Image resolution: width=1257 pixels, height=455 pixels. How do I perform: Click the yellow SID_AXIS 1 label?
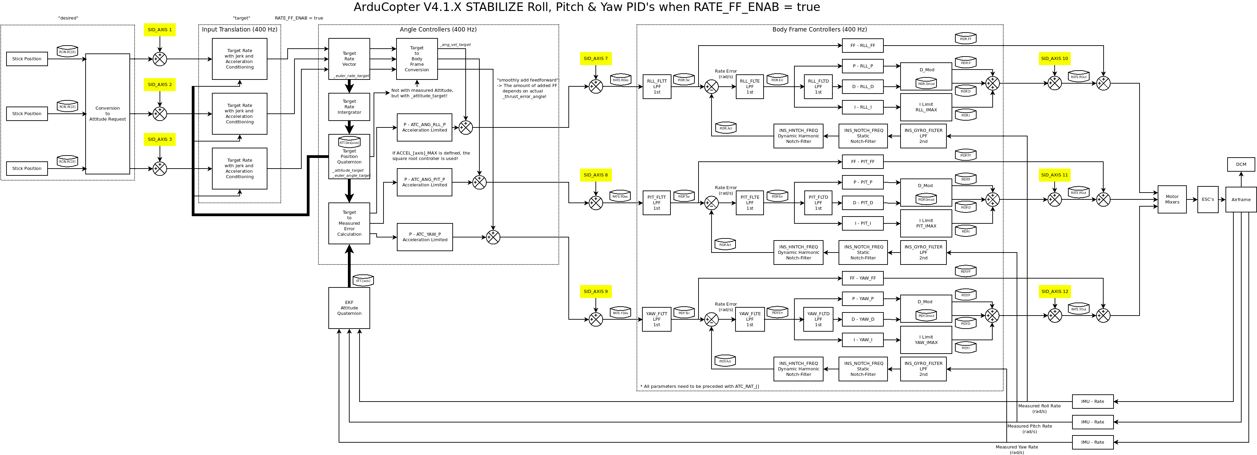point(160,30)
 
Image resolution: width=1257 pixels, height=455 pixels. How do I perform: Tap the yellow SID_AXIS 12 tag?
point(1055,292)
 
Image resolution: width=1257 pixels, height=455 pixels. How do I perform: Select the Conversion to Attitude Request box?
point(108,114)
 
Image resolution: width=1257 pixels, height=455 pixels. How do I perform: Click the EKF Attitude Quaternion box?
point(349,308)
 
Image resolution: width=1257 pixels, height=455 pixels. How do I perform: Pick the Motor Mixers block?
point(1172,199)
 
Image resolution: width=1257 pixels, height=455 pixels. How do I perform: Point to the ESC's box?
point(1208,199)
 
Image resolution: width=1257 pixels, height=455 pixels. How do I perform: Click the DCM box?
point(1241,164)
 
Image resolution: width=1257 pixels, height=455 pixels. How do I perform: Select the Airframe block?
point(1241,199)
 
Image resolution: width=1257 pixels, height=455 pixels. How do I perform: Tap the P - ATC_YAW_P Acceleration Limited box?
point(425,237)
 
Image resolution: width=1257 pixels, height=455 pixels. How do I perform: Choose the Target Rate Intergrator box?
point(349,107)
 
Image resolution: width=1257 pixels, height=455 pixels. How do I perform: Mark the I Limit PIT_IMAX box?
point(926,223)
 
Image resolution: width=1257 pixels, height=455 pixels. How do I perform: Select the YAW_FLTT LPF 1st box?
point(656,319)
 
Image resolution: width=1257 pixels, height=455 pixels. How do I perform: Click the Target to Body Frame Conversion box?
point(416,59)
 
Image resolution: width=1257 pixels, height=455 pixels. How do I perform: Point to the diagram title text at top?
point(587,7)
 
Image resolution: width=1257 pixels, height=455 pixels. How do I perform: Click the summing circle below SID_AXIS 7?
point(595,86)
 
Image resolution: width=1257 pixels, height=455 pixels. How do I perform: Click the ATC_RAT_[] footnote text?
point(699,386)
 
